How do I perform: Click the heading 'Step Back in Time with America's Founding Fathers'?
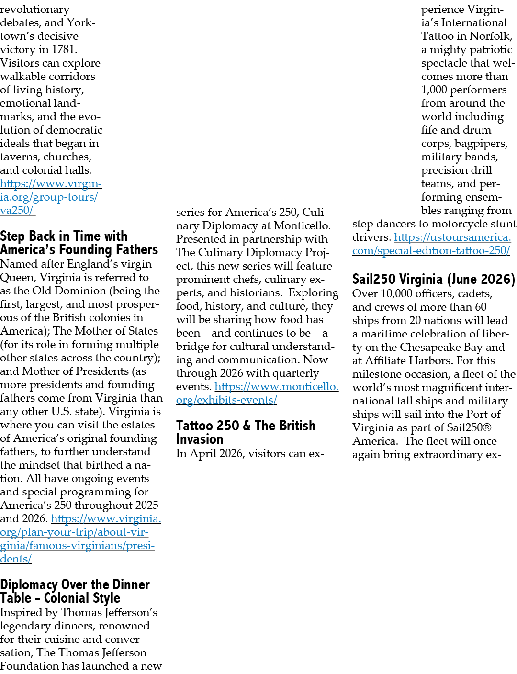[79, 243]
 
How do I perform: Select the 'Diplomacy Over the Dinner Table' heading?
[75, 591]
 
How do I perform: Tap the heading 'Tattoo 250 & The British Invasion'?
[246, 432]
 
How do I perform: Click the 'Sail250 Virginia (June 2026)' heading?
[434, 279]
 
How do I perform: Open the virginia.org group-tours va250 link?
[51, 197]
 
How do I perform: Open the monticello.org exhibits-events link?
[258, 393]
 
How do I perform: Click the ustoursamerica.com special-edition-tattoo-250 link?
[431, 244]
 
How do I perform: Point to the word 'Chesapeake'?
[429, 347]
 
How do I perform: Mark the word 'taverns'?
[20, 157]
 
